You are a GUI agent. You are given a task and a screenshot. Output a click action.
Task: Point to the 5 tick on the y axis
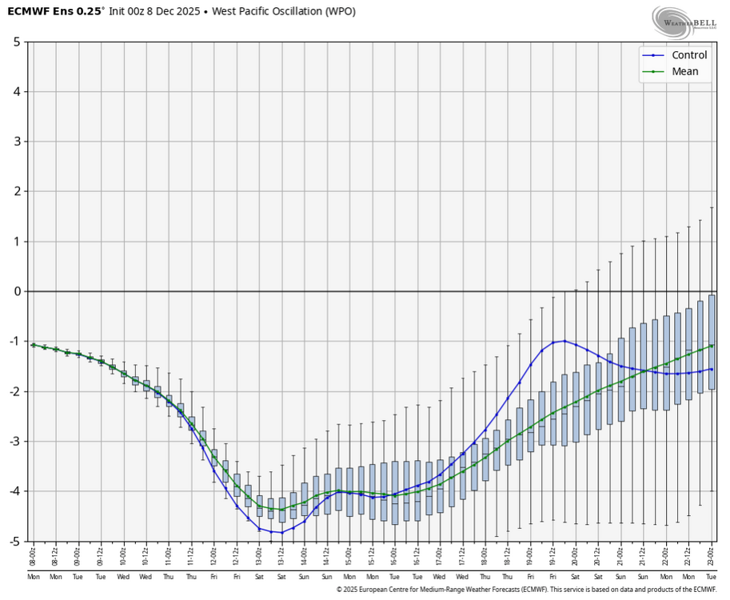(x=16, y=42)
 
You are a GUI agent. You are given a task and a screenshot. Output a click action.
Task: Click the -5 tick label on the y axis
(x=14, y=542)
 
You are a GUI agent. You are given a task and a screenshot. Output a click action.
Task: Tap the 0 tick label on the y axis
(x=16, y=291)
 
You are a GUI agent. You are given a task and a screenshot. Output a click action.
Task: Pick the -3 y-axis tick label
(x=14, y=442)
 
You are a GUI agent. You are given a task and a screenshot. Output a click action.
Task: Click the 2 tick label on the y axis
(x=16, y=191)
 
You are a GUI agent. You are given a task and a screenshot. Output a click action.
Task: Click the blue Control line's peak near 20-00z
(x=564, y=341)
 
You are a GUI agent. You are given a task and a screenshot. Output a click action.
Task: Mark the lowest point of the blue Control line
(x=281, y=532)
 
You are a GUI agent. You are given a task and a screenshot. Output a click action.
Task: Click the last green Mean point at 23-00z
(x=712, y=346)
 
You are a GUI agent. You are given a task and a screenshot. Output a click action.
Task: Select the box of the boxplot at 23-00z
(x=712, y=342)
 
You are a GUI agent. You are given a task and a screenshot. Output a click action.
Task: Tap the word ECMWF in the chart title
(x=27, y=11)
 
